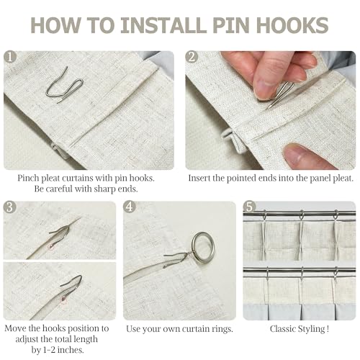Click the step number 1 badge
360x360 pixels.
(10, 57)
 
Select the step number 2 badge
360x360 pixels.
(192, 57)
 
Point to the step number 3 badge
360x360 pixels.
(10, 207)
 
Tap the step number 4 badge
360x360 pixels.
(130, 207)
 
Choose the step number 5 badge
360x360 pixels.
(250, 207)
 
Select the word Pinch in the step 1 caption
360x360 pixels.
(28, 179)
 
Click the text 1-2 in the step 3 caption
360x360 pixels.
(49, 350)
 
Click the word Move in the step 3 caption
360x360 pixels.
(15, 328)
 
